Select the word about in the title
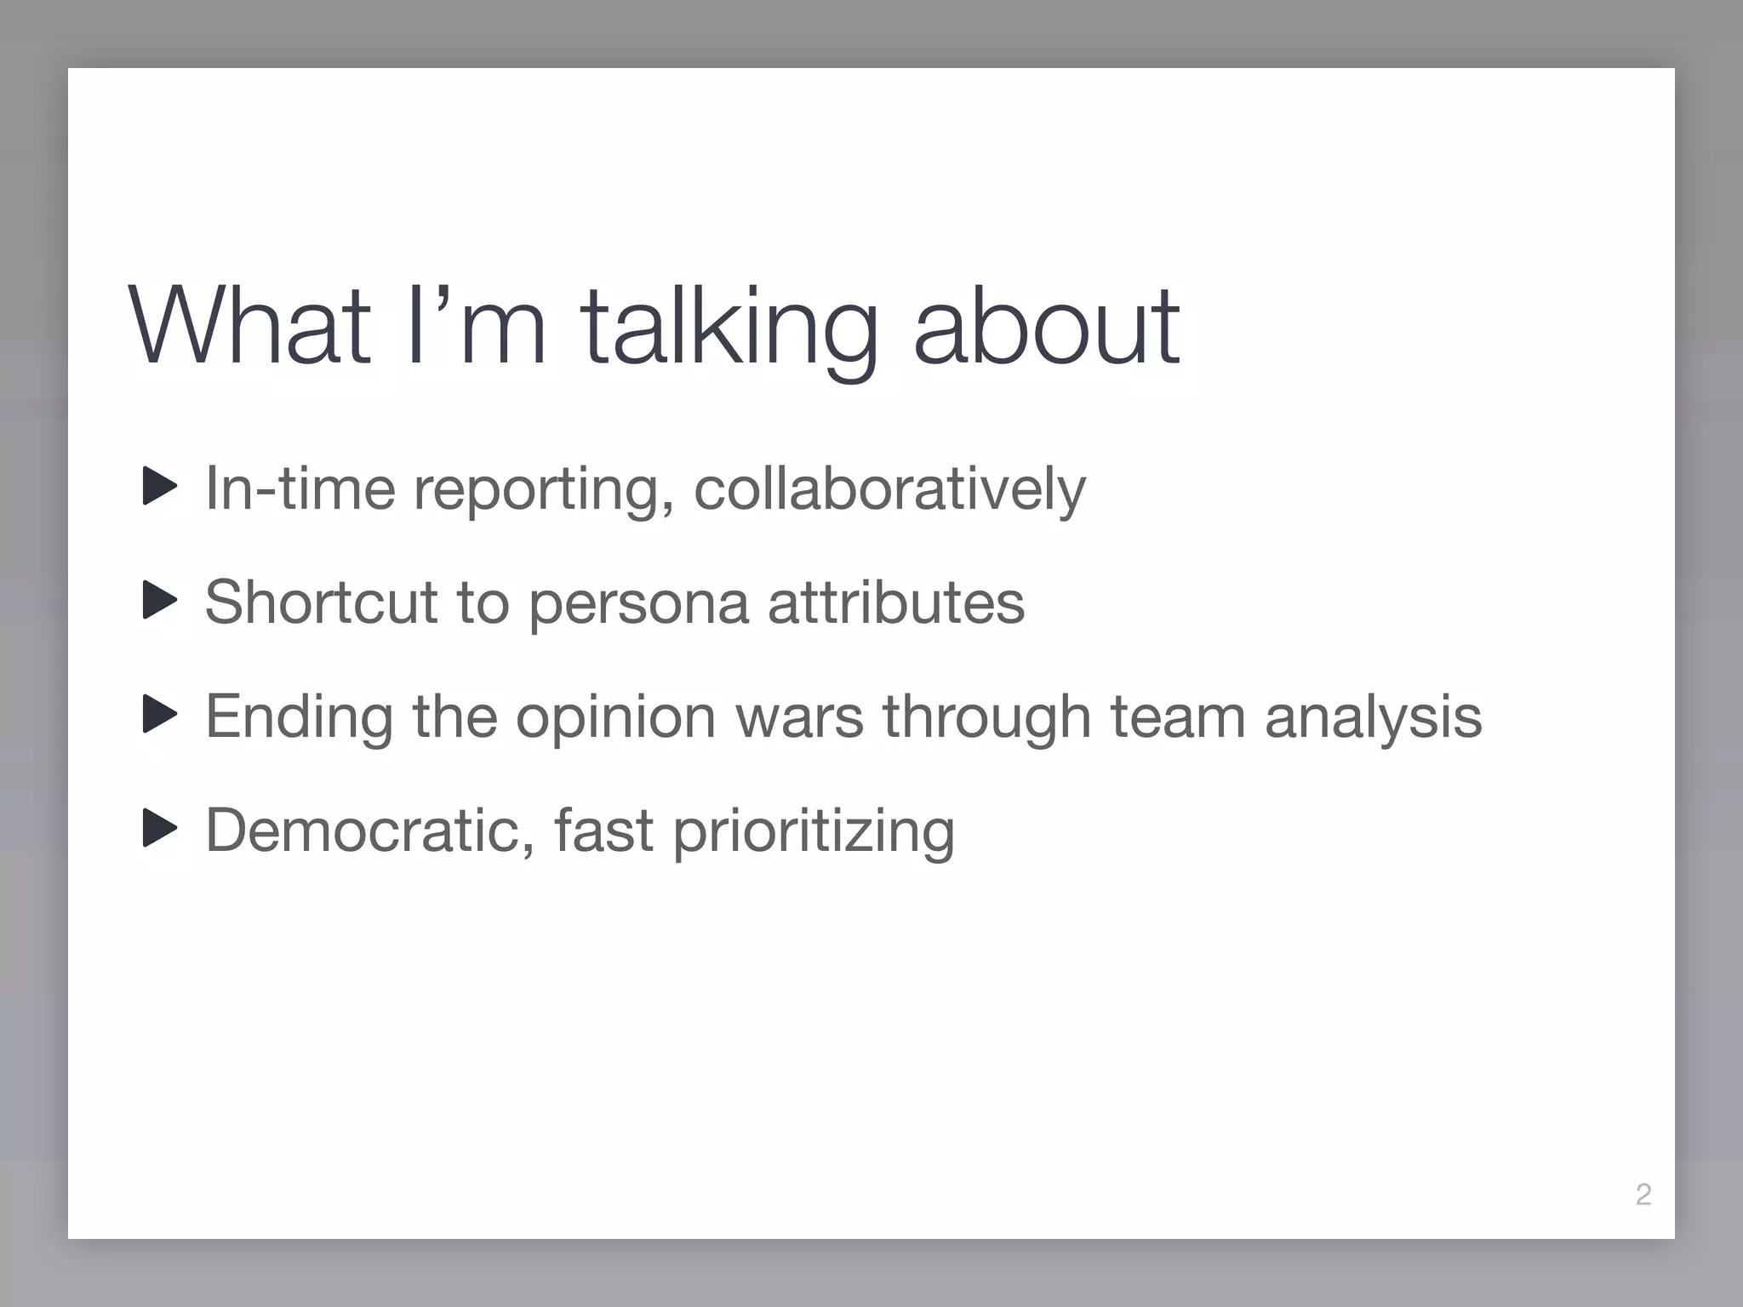click(x=1046, y=327)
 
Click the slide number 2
click(x=1643, y=1195)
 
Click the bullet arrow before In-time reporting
click(x=159, y=487)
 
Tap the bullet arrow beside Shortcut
click(x=159, y=601)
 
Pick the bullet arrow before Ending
click(x=159, y=715)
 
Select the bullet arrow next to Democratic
click(x=159, y=829)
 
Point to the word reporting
click(x=536, y=492)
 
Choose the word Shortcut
click(x=321, y=602)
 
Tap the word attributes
click(x=896, y=602)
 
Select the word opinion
click(x=615, y=719)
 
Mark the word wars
click(x=799, y=717)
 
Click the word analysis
click(x=1373, y=719)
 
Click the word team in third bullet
click(x=1178, y=717)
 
